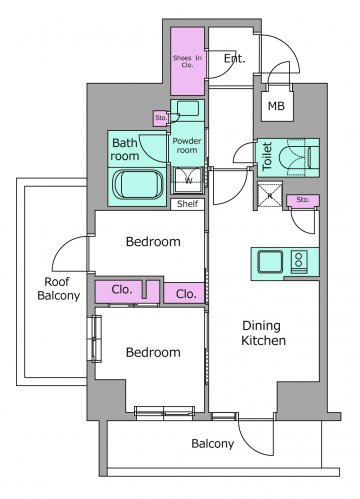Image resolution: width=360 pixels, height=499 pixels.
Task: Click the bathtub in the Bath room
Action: pyautogui.click(x=139, y=185)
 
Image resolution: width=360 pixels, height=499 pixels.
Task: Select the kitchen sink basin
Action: pyautogui.click(x=270, y=262)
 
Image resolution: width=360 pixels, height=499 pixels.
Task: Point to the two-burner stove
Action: pyautogui.click(x=299, y=262)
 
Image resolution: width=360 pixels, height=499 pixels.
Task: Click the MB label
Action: pyautogui.click(x=276, y=106)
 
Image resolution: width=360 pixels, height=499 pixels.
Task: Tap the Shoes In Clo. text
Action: pyautogui.click(x=187, y=61)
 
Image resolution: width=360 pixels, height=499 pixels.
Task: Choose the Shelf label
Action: pyautogui.click(x=187, y=204)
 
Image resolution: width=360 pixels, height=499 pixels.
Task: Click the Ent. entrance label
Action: pyautogui.click(x=234, y=59)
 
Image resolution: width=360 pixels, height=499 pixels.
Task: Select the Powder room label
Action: pyautogui.click(x=187, y=146)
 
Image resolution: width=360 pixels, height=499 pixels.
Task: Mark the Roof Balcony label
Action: pyautogui.click(x=58, y=289)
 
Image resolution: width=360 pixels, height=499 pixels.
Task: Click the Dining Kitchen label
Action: pyautogui.click(x=263, y=333)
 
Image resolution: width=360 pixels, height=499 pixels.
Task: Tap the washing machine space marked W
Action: pyautogui.click(x=189, y=180)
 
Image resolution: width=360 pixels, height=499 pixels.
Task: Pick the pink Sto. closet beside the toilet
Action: pyautogui.click(x=303, y=200)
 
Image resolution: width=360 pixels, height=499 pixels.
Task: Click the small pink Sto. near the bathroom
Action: pyautogui.click(x=161, y=118)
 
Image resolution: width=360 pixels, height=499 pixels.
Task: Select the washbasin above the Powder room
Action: pyautogui.click(x=188, y=109)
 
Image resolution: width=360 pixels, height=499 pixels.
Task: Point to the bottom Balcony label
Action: pyautogui.click(x=213, y=444)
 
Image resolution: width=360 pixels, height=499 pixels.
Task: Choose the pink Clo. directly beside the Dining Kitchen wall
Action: pyautogui.click(x=184, y=293)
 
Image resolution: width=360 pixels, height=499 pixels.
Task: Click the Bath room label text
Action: pyautogui.click(x=125, y=149)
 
